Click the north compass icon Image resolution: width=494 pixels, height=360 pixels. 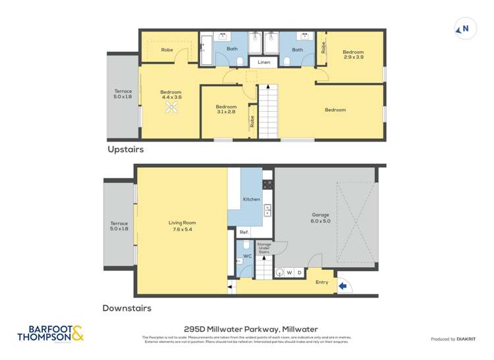click(464, 28)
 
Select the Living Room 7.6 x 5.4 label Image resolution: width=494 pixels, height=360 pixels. click(182, 226)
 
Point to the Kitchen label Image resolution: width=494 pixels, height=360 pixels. click(251, 199)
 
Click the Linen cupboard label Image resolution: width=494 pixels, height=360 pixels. click(263, 63)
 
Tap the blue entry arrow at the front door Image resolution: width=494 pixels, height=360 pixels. click(342, 286)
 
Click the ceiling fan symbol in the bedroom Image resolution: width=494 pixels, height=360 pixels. click(172, 109)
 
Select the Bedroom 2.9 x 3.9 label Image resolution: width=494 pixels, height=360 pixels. click(353, 55)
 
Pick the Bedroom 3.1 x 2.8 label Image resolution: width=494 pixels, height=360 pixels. click(226, 109)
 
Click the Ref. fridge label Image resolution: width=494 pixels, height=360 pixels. click(244, 232)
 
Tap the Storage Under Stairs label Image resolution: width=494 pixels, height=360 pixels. click(263, 248)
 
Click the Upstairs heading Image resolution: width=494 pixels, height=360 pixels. click(125, 149)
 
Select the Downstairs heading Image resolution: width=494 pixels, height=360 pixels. click(126, 307)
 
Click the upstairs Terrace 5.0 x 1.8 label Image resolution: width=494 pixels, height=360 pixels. click(123, 94)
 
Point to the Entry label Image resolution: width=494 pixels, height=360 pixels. click(321, 282)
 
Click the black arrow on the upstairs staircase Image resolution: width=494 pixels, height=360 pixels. click(267, 87)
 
